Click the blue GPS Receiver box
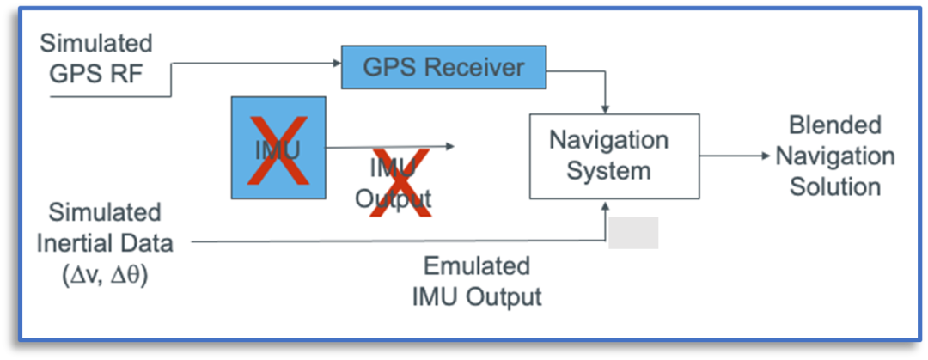pyautogui.click(x=444, y=66)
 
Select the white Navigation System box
pyautogui.click(x=608, y=156)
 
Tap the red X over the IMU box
pyautogui.click(x=278, y=148)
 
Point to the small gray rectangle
pyautogui.click(x=633, y=233)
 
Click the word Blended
pyautogui.click(x=823, y=125)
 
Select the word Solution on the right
pyautogui.click(x=835, y=186)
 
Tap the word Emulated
pyautogui.click(x=477, y=265)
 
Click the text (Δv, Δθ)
pyautogui.click(x=104, y=277)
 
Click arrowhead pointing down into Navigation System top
pyautogui.click(x=607, y=108)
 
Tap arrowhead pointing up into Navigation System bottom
pyautogui.click(x=607, y=204)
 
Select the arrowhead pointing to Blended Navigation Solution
pyautogui.click(x=766, y=156)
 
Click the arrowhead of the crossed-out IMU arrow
pyautogui.click(x=450, y=147)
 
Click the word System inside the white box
pyautogui.click(x=608, y=170)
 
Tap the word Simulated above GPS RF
pyautogui.click(x=96, y=43)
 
